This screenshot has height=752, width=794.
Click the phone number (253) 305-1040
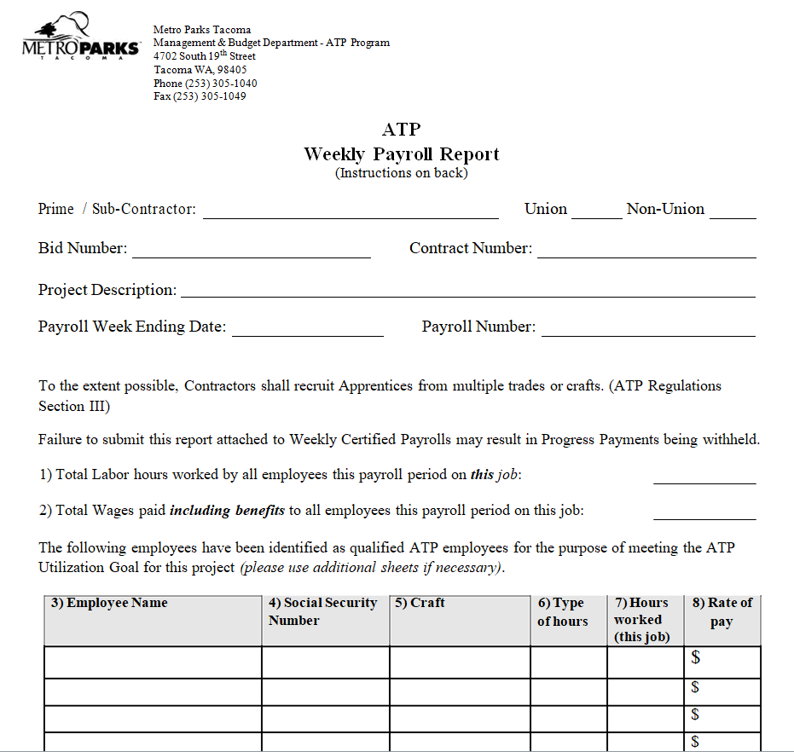205,84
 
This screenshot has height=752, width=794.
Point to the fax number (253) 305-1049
200,97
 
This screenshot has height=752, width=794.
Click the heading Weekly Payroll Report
401,154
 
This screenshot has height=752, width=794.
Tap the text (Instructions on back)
401,173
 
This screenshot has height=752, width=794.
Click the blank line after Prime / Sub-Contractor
350,213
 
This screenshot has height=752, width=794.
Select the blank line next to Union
596,213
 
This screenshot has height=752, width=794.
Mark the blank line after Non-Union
733,213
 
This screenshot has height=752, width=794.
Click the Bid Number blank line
251,252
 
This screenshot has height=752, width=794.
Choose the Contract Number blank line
646,252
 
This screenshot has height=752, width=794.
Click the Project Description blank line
467,292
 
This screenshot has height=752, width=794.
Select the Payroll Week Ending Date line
307,332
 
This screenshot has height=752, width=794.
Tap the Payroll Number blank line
648,332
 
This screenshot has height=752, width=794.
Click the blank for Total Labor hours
704,478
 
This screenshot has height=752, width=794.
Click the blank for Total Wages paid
704,514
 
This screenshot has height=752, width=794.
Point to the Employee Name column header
109,604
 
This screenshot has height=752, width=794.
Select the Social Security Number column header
322,611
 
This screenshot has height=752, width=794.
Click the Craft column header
420,603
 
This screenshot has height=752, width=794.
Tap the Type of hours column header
563,612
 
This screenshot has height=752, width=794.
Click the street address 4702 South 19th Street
204,56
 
